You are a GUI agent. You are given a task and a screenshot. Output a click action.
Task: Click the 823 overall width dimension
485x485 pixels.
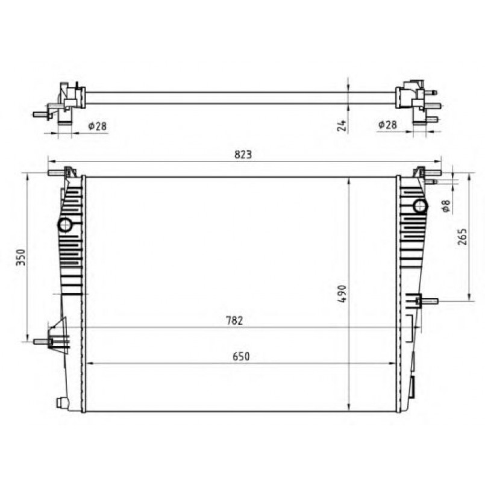pos(243,154)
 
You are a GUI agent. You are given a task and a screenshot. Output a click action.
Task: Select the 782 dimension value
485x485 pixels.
pos(234,321)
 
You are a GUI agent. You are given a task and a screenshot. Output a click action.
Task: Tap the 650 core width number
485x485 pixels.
pos(241,356)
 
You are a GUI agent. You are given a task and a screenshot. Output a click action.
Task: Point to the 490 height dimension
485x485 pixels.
pos(342,294)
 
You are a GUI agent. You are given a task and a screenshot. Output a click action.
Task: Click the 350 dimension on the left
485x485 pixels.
pos(21,257)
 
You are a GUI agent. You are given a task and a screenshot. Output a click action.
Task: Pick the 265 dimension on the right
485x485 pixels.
pos(462,237)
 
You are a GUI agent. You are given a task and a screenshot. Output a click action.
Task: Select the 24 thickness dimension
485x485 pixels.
pos(342,125)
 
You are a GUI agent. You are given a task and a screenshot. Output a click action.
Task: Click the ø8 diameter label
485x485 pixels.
pos(446,205)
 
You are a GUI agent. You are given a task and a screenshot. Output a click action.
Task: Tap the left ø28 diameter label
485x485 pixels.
pos(97,126)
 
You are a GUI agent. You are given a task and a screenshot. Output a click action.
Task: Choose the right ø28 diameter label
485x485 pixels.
pos(387,125)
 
